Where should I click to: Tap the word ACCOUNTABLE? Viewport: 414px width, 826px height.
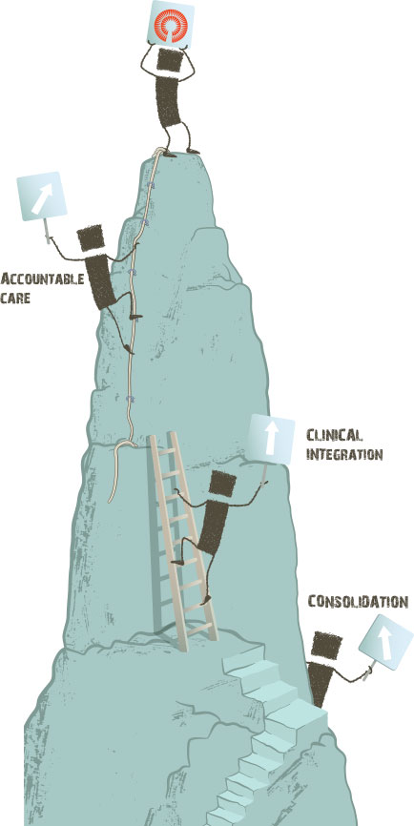pos(42,279)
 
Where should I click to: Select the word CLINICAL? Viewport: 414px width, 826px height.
pos(334,435)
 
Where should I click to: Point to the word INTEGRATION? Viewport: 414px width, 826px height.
pos(343,454)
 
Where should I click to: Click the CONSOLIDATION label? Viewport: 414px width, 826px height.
pos(358,602)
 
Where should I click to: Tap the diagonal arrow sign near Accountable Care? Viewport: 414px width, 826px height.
pos(42,196)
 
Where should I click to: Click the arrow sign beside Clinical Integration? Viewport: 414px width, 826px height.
pos(271,440)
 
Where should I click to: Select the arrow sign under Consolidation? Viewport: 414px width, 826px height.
pos(386,641)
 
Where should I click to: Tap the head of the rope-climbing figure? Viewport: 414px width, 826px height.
pos(92,238)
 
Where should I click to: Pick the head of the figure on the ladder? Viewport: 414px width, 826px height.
pos(222,484)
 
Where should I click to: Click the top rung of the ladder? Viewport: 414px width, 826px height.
pos(165,451)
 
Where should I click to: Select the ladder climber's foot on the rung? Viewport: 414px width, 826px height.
pos(206,598)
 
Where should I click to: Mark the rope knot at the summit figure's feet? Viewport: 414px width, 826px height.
pos(158,153)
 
